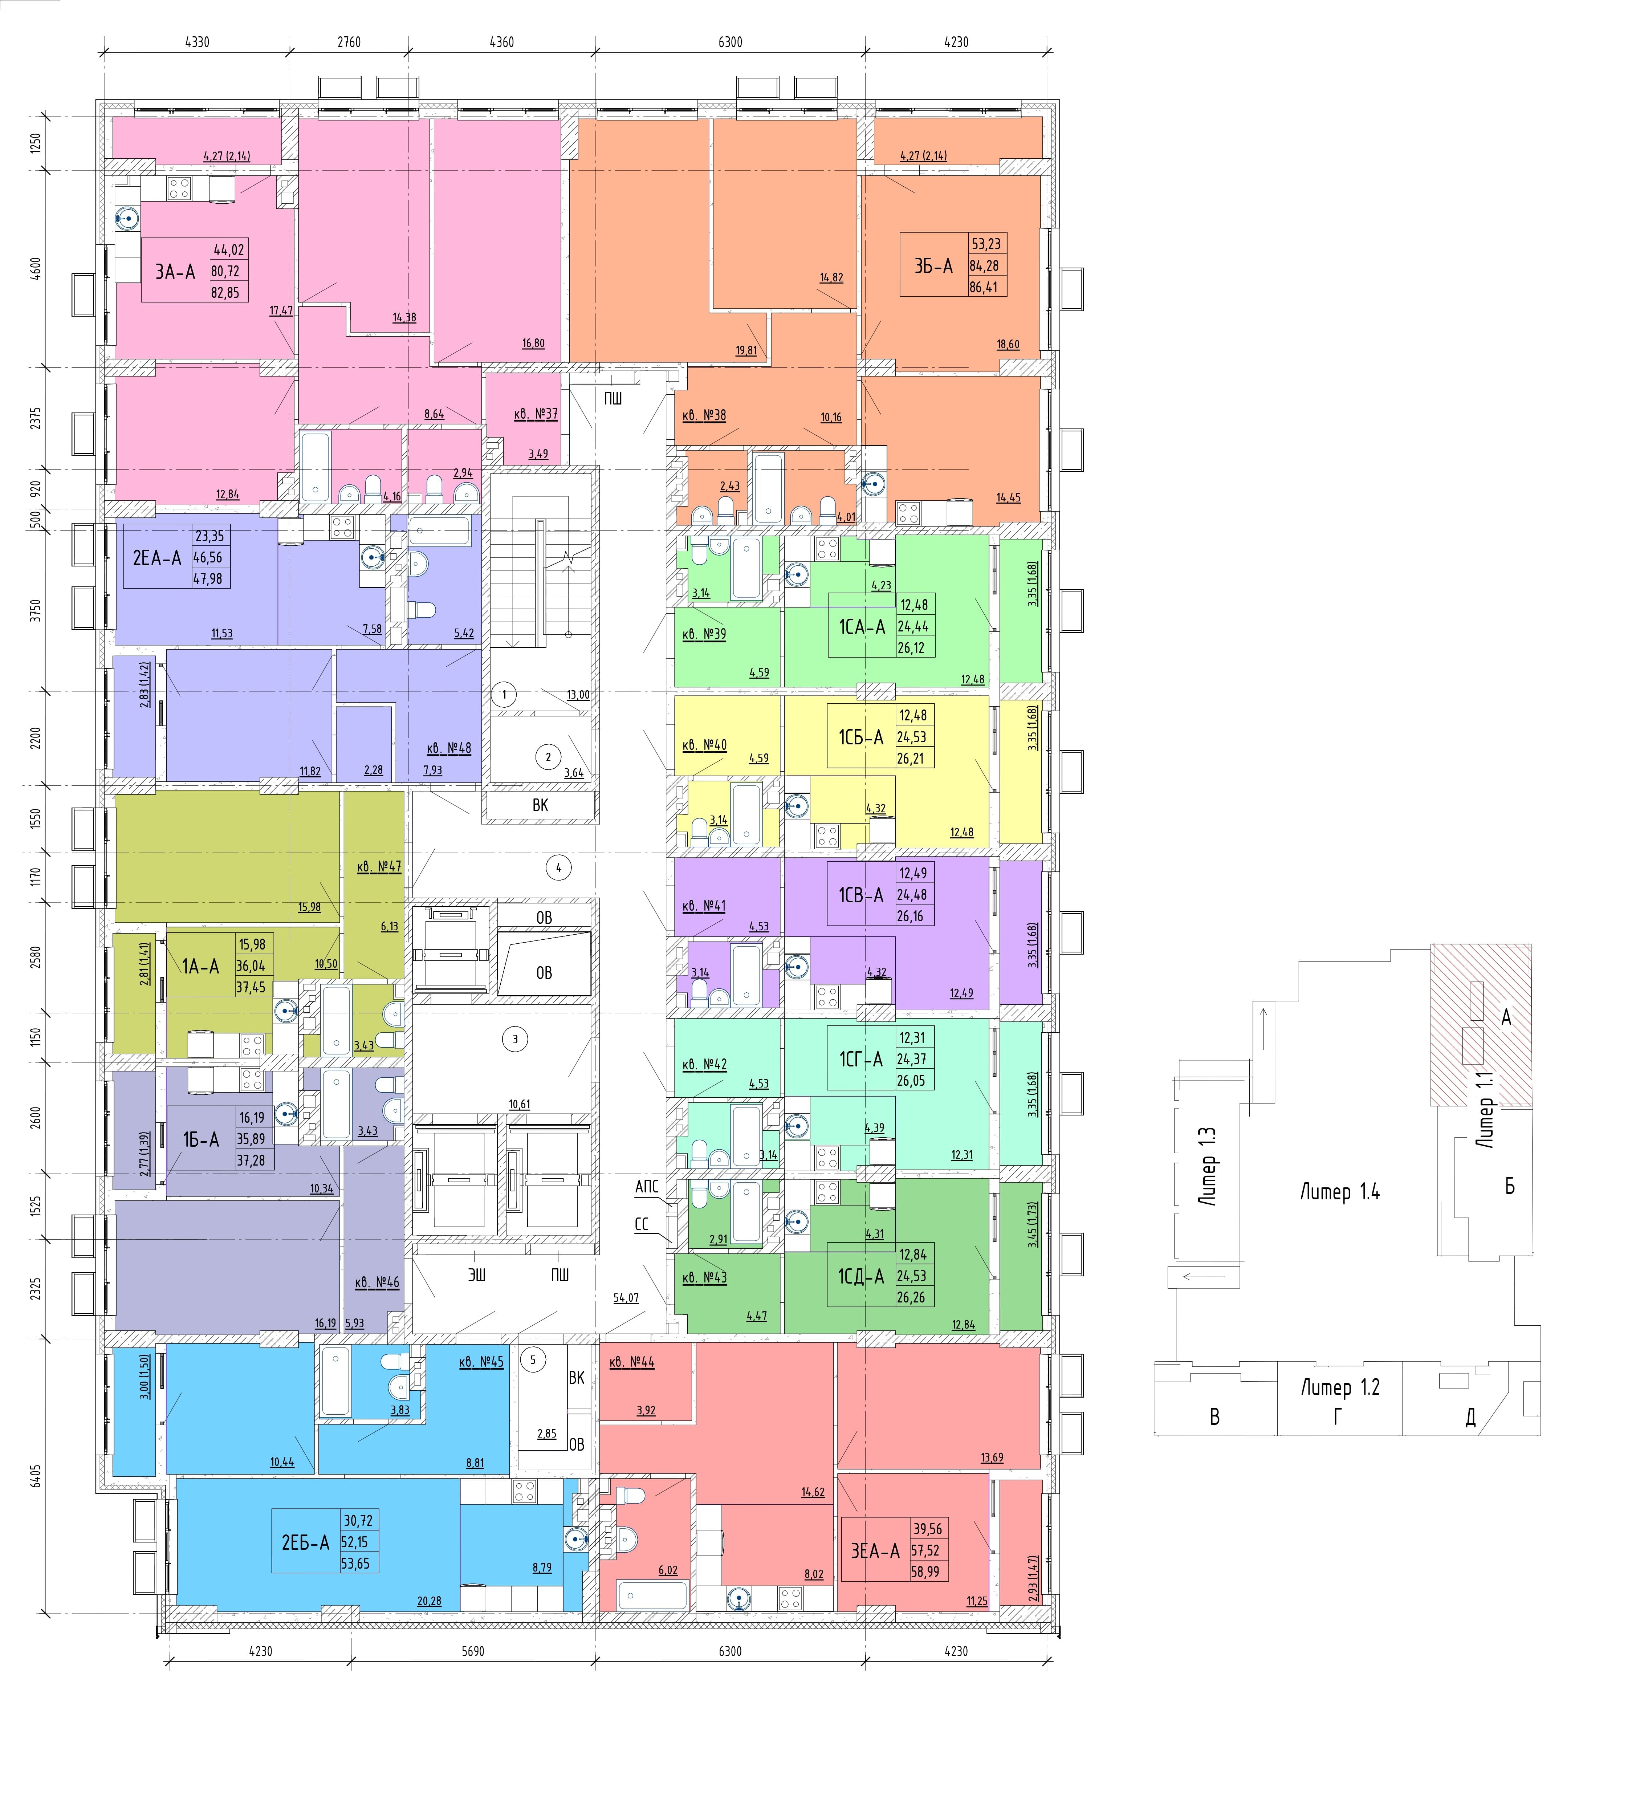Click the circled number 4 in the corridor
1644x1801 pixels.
click(558, 867)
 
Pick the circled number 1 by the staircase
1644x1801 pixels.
click(504, 694)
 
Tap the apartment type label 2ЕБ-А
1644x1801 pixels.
click(306, 1542)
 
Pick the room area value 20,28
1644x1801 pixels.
click(429, 1601)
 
